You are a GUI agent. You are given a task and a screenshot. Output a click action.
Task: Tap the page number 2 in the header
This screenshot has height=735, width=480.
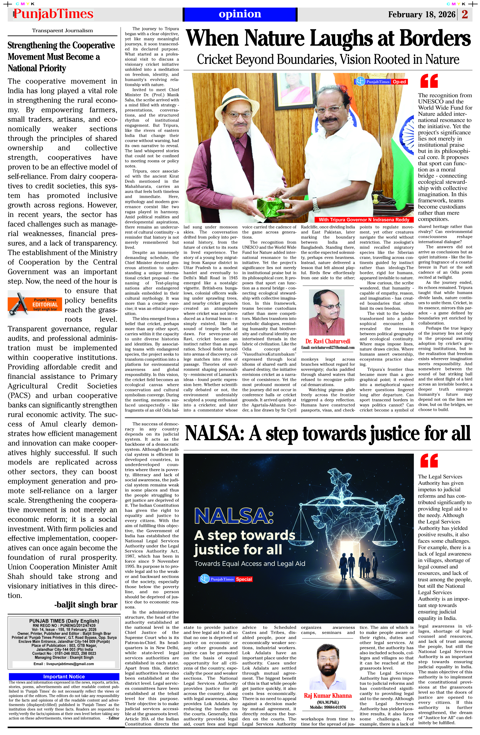pyautogui.click(x=465, y=14)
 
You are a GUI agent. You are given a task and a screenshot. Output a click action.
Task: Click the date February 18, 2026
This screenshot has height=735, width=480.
pyautogui.click(x=421, y=14)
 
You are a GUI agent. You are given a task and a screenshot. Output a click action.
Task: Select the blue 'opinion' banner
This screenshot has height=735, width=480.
pyautogui.click(x=240, y=14)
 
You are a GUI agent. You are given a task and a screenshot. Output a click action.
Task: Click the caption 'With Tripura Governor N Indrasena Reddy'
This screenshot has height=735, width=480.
pyautogui.click(x=364, y=220)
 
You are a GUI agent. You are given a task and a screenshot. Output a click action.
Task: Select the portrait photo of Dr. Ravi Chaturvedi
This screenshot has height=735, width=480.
pyautogui.click(x=327, y=313)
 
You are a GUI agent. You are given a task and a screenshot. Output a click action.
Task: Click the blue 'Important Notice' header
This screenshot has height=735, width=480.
pyautogui.click(x=64, y=676)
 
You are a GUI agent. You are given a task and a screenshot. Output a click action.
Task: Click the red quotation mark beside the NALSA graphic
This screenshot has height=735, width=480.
pyautogui.click(x=429, y=460)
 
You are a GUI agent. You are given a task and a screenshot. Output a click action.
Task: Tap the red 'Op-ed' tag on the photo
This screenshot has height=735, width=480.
pyautogui.click(x=399, y=82)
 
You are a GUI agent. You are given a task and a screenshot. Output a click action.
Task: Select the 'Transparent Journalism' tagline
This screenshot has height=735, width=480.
pyautogui.click(x=62, y=31)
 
